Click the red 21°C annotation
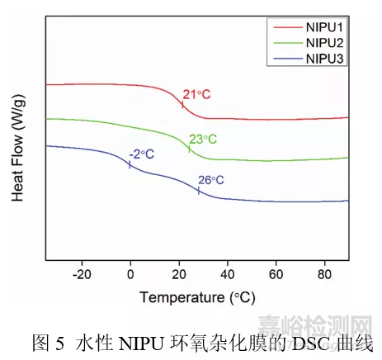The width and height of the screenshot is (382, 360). pos(196,95)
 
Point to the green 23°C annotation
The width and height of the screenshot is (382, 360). pos(202,139)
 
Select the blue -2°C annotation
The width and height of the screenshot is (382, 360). pos(141,154)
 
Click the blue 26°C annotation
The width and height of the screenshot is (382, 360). pos(211,180)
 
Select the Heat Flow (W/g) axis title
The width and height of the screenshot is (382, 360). pos(17,157)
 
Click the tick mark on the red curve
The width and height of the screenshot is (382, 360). pos(182,104)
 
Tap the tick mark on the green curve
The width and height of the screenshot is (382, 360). pos(189,149)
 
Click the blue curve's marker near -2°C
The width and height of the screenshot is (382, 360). pos(130,164)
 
